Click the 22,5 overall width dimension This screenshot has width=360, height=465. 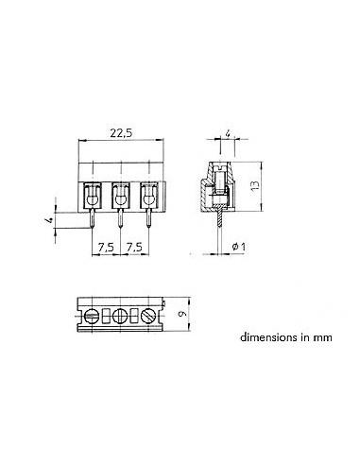tap(120, 134)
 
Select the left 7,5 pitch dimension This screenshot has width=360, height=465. tap(107, 247)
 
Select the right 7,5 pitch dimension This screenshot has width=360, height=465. tap(134, 247)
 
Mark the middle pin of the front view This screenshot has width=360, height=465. tap(120, 223)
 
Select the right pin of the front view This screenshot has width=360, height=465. tap(148, 223)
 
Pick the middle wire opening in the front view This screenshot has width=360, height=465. tap(120, 197)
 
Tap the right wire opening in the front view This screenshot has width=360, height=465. tap(148, 197)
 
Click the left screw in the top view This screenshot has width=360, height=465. tap(93, 316)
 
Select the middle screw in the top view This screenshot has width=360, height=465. tap(120, 316)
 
